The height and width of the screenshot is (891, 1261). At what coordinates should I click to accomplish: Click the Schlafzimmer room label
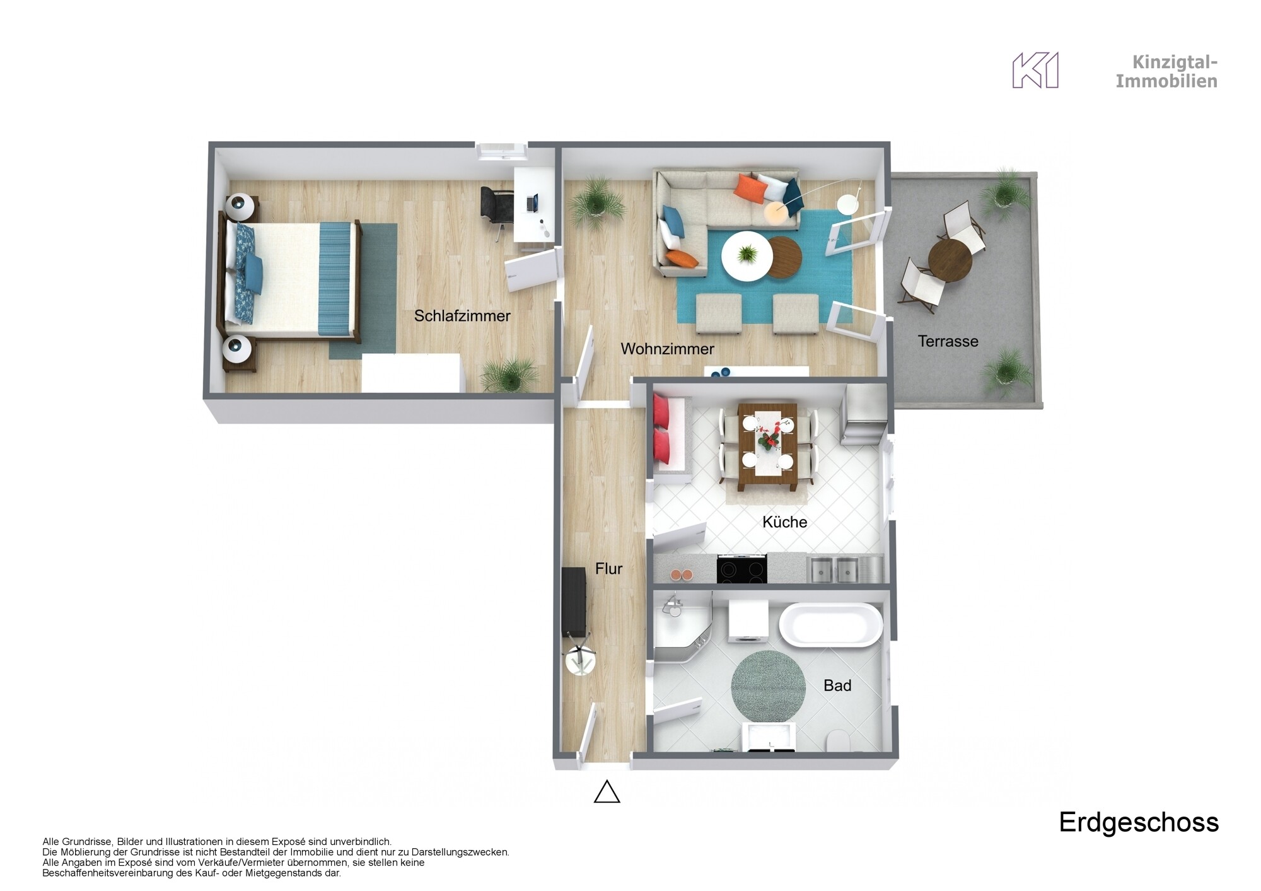[462, 316]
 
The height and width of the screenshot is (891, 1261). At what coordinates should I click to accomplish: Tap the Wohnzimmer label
[667, 349]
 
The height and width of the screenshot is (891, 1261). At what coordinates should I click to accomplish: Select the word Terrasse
[948, 341]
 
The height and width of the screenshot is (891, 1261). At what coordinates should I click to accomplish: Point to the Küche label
[784, 522]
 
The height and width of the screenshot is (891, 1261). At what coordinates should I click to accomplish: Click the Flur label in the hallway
[608, 569]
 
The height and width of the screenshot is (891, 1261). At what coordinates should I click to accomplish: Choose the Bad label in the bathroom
[837, 685]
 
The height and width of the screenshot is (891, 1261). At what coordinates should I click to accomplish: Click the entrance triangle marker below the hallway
[607, 792]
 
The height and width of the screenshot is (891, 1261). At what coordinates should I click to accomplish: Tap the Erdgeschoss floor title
[1139, 823]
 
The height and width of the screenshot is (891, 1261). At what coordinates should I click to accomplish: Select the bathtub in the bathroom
[830, 625]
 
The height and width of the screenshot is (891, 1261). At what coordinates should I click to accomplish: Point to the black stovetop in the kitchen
[742, 569]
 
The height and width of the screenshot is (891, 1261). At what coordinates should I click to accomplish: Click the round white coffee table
[747, 255]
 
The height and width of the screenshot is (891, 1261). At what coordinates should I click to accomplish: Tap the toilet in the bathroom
[838, 740]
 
